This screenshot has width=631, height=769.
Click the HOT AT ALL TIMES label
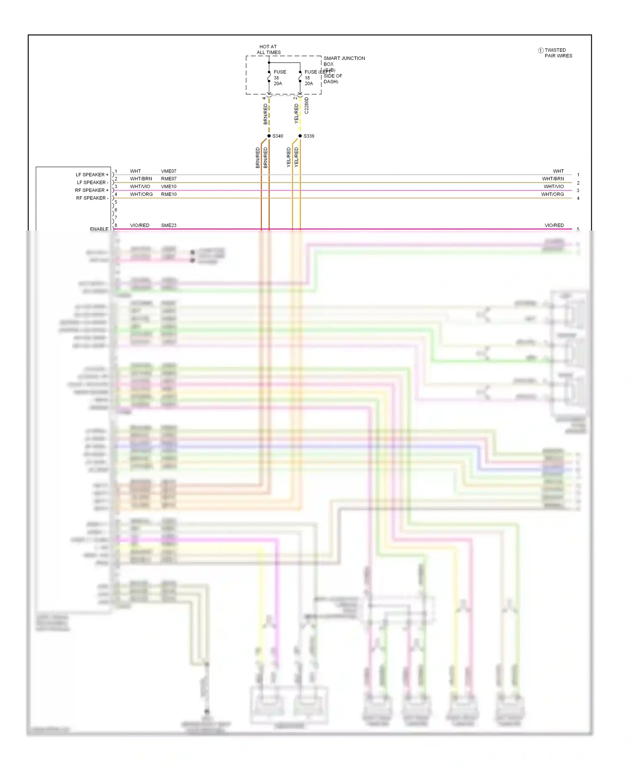point(268,50)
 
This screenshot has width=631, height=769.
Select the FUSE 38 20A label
point(279,78)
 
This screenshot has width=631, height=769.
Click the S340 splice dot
point(269,136)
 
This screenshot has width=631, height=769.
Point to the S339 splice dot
point(300,136)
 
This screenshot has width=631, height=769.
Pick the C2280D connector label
point(307,106)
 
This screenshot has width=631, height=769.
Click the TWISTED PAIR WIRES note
point(558,53)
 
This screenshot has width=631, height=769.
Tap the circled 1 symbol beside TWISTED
point(541,50)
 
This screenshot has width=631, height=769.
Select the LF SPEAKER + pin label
point(92,175)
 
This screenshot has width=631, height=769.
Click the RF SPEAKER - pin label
point(92,198)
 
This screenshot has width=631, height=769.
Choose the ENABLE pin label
point(99,229)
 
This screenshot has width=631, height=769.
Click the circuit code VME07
point(169,171)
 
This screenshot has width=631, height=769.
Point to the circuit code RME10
point(169,194)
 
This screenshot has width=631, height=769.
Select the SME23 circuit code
point(169,225)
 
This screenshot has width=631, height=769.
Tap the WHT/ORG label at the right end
point(552,194)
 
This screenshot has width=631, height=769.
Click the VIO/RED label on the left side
point(140,225)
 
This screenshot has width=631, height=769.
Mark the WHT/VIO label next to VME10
point(140,186)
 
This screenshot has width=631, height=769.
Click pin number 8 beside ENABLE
point(116,225)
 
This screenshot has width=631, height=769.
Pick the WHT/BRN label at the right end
point(553,179)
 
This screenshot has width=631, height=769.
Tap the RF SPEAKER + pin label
point(92,190)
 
